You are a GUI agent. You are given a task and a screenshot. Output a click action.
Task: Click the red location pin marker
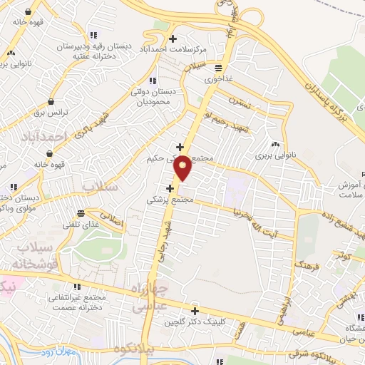182,168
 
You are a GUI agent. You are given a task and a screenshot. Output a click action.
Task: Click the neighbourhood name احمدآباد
53,135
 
